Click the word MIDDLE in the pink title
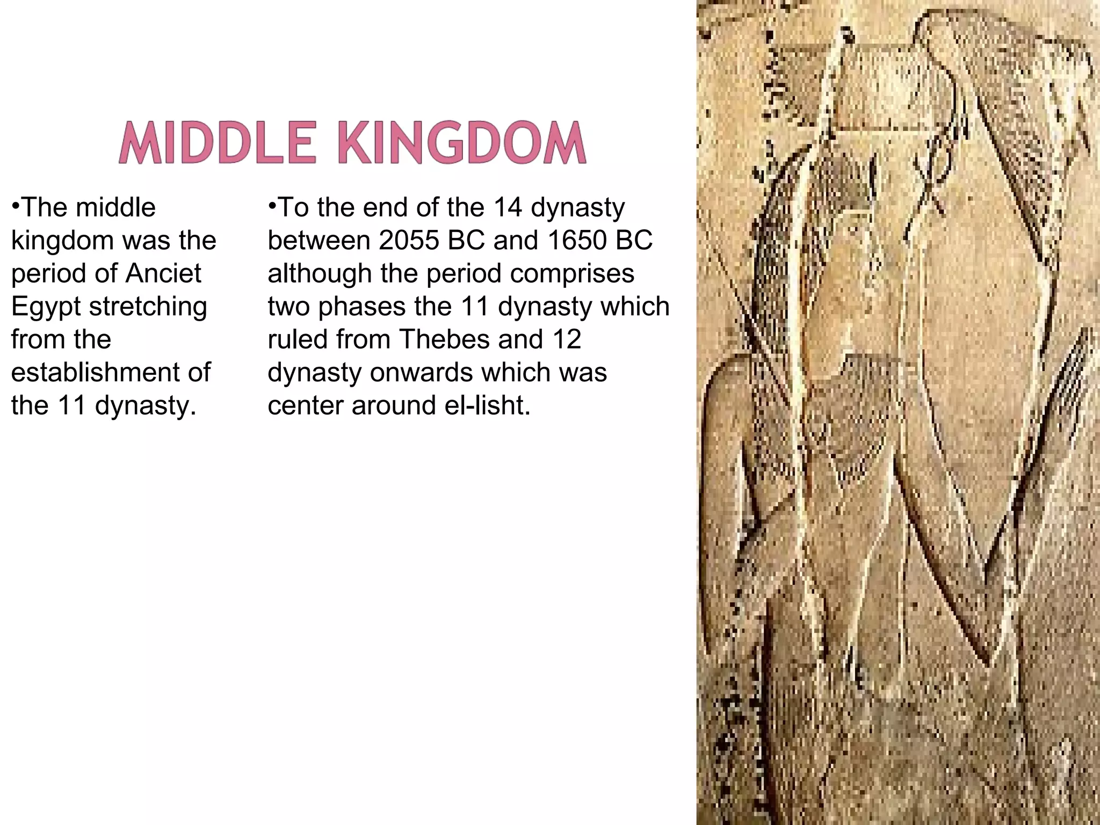pos(216,143)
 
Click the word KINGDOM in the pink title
pos(464,143)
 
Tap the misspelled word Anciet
pos(163,273)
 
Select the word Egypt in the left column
pos(45,307)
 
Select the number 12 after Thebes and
pos(565,339)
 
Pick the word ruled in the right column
pos(297,339)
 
